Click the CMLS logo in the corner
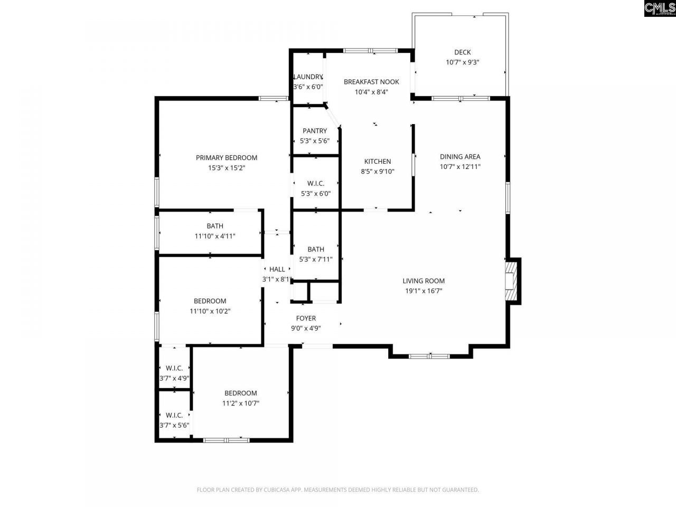(x=660, y=8)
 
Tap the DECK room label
(x=462, y=52)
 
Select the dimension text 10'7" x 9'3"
(x=462, y=62)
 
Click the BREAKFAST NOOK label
(x=371, y=82)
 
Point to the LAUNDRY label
(x=308, y=77)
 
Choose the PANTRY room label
(x=315, y=131)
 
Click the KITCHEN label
(x=378, y=162)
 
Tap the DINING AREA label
(x=460, y=157)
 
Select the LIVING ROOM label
(x=424, y=281)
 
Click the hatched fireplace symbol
(x=510, y=281)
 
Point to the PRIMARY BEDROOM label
(x=227, y=158)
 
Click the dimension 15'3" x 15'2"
(x=227, y=168)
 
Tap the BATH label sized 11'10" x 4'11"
(x=215, y=226)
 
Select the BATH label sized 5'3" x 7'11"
(x=316, y=249)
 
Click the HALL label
(x=277, y=269)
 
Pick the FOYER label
(x=306, y=318)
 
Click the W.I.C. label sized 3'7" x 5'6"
(x=174, y=415)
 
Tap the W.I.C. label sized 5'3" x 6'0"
(x=316, y=184)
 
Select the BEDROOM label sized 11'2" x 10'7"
(x=241, y=393)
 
